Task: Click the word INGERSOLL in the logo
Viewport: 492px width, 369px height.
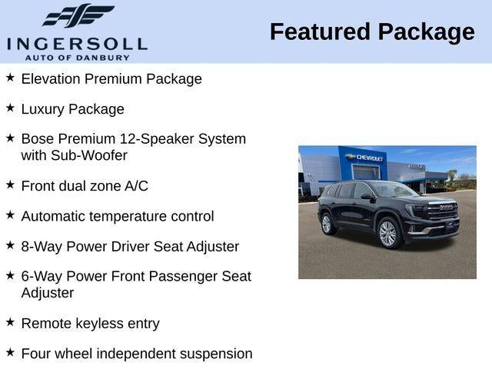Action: (x=77, y=42)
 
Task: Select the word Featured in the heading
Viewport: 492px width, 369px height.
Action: (x=320, y=32)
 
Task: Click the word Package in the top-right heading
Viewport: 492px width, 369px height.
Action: (x=425, y=32)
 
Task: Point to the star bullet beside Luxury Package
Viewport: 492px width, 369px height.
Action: (x=10, y=108)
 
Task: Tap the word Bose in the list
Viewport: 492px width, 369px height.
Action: (x=38, y=139)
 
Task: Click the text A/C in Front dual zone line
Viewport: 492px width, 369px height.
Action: (x=135, y=186)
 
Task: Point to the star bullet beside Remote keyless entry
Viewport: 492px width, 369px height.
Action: (x=10, y=322)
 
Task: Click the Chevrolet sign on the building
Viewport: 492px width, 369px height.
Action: (x=368, y=158)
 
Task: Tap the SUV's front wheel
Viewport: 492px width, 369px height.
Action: (x=387, y=233)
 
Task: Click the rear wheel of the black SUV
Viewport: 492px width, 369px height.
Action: (x=327, y=224)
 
